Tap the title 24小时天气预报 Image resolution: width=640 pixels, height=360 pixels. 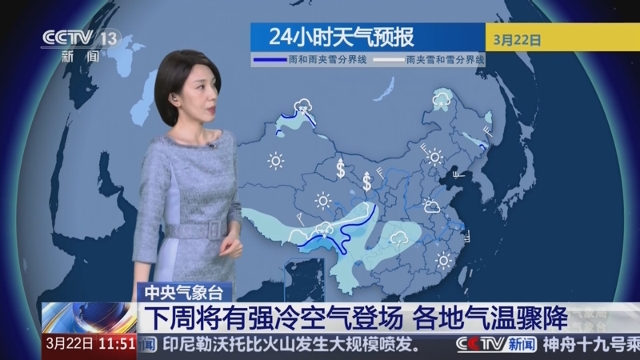[x=342, y=37]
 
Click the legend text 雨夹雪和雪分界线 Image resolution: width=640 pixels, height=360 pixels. [x=444, y=60]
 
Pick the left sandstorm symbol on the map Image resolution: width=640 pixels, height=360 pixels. [x=341, y=169]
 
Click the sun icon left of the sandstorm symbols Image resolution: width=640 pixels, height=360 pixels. [x=276, y=162]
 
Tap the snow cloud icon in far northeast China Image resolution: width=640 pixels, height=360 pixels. [x=440, y=99]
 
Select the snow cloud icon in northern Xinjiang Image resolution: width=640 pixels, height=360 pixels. [x=303, y=106]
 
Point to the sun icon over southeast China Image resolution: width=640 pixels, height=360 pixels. [x=442, y=259]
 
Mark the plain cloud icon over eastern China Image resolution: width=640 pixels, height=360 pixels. [x=432, y=207]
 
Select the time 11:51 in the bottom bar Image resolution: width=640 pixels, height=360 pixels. [x=117, y=345]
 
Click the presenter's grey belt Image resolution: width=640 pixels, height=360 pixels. [x=193, y=227]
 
